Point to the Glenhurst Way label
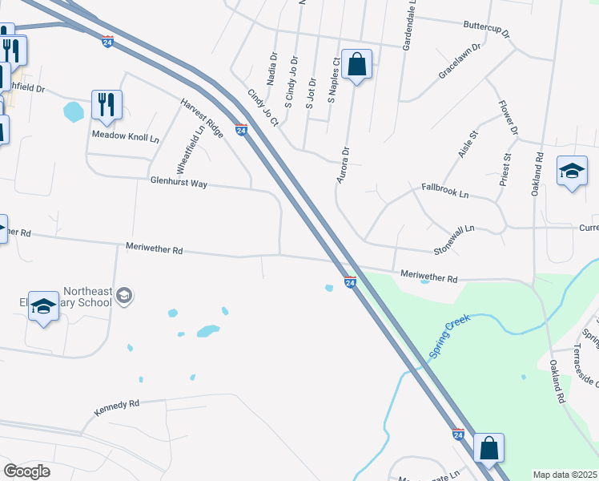[179, 184]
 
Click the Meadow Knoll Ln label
[126, 138]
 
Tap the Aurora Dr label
[343, 164]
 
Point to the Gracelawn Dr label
[459, 61]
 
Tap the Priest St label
[505, 169]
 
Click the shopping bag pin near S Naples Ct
[357, 65]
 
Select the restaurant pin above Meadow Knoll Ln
[106, 104]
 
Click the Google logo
[26, 471]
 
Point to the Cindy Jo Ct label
[263, 108]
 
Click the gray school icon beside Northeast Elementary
[123, 297]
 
